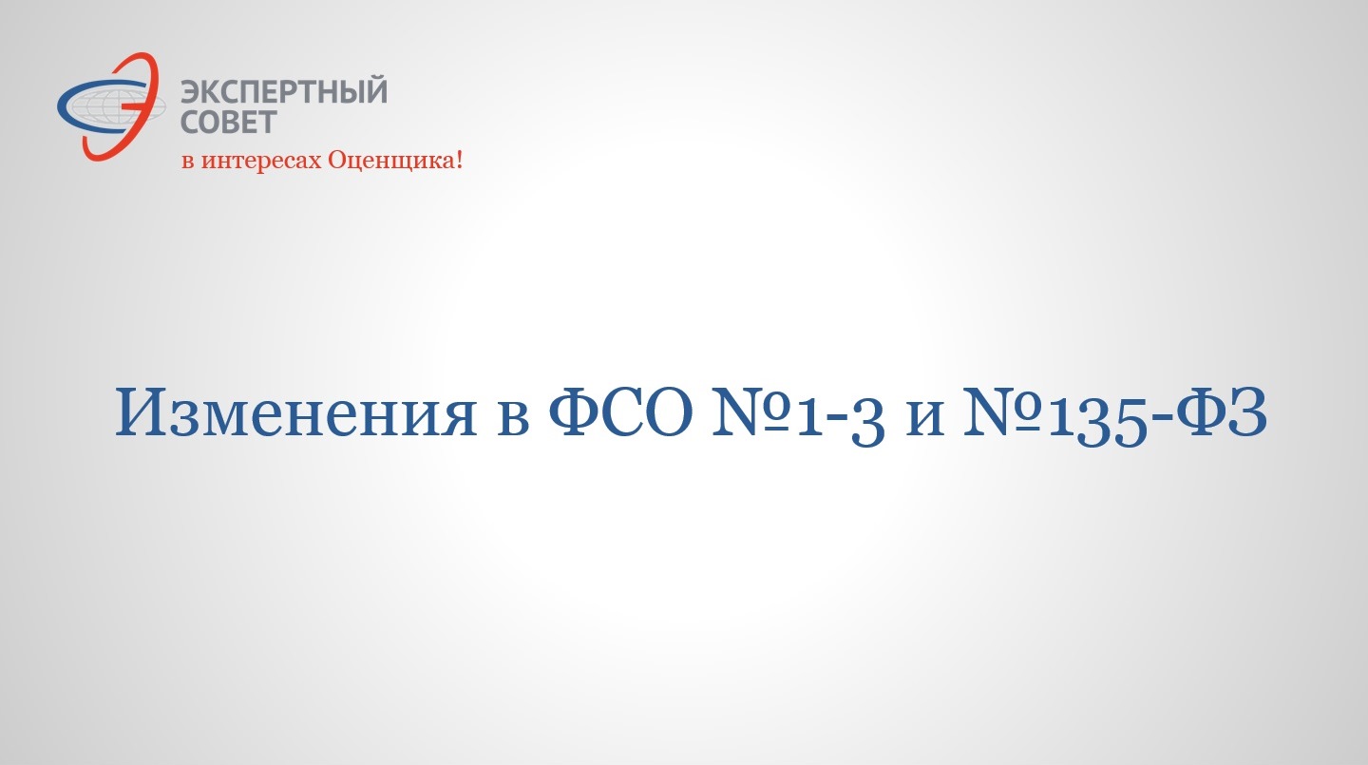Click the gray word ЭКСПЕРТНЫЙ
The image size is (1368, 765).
point(284,91)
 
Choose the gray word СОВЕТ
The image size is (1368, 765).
point(229,122)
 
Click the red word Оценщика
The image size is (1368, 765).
point(390,161)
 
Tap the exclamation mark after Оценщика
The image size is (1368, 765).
point(459,160)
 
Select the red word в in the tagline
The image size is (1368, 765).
point(188,162)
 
